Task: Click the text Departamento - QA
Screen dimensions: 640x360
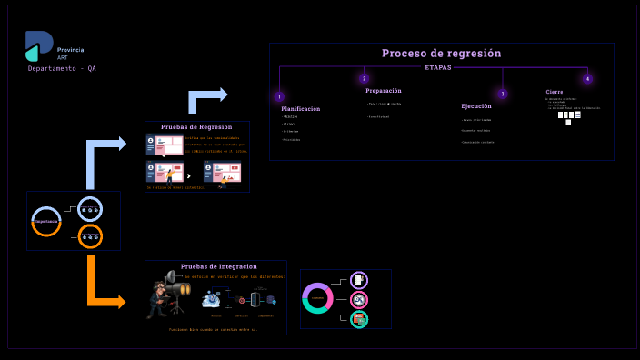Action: click(x=62, y=69)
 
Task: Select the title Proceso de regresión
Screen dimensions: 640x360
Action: click(x=441, y=54)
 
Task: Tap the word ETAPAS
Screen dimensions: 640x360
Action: click(x=438, y=67)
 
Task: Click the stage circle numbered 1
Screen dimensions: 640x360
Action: click(x=279, y=96)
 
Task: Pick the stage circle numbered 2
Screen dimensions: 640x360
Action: click(x=365, y=79)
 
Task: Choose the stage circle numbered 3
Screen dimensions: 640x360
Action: click(x=502, y=94)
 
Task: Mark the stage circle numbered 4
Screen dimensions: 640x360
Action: click(x=587, y=79)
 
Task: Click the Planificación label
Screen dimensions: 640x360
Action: click(x=301, y=109)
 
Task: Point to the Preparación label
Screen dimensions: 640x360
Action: click(x=384, y=91)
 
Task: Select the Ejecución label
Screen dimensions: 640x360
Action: click(x=476, y=106)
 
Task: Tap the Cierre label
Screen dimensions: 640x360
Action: click(x=555, y=92)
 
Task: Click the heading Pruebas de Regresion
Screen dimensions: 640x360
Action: click(x=196, y=127)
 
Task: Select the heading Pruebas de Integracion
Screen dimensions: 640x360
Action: click(x=219, y=266)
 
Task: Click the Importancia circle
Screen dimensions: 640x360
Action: click(x=46, y=221)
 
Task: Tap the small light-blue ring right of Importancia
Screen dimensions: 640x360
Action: click(x=90, y=209)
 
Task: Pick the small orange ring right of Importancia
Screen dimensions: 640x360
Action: click(x=90, y=237)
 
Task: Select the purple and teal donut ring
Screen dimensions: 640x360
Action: click(x=318, y=297)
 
